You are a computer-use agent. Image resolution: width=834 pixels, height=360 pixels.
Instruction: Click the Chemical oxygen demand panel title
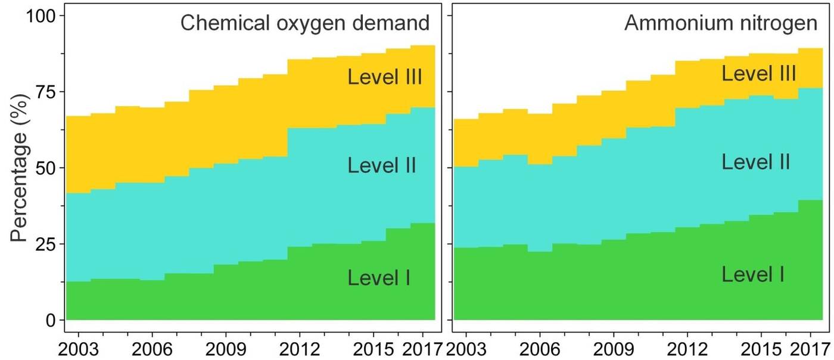coord(304,23)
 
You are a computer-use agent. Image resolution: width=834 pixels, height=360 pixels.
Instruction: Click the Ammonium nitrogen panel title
coord(721,23)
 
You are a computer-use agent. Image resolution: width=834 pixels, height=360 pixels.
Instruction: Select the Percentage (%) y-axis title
coord(20,169)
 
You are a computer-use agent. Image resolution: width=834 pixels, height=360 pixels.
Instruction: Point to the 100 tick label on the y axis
coord(41,16)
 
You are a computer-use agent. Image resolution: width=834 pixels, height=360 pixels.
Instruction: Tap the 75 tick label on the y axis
coord(45,92)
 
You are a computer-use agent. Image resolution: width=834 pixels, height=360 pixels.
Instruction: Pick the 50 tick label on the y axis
coord(45,169)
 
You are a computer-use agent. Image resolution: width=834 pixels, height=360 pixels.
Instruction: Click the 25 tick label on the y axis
coord(45,245)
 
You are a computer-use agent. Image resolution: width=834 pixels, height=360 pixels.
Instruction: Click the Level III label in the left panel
coord(385,77)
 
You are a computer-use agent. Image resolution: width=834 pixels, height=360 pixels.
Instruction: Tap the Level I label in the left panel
coord(379,278)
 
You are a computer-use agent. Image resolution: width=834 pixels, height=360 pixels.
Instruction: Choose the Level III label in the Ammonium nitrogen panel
coord(759,74)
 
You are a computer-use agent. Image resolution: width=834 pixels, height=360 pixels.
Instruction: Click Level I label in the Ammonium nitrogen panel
coord(752,275)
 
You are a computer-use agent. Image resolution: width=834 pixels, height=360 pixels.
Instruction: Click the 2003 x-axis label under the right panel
coord(466,347)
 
